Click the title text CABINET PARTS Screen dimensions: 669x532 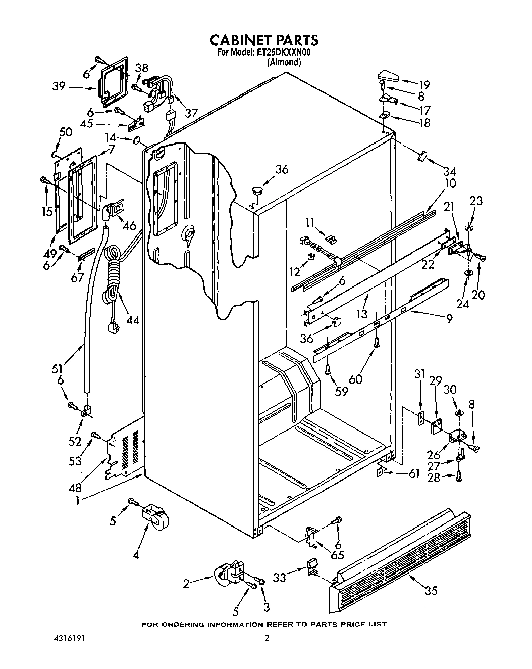[264, 40]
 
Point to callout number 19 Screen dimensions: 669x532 [424, 84]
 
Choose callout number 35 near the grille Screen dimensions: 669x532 [431, 590]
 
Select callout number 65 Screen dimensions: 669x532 [337, 554]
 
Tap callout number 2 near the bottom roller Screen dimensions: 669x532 [186, 584]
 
